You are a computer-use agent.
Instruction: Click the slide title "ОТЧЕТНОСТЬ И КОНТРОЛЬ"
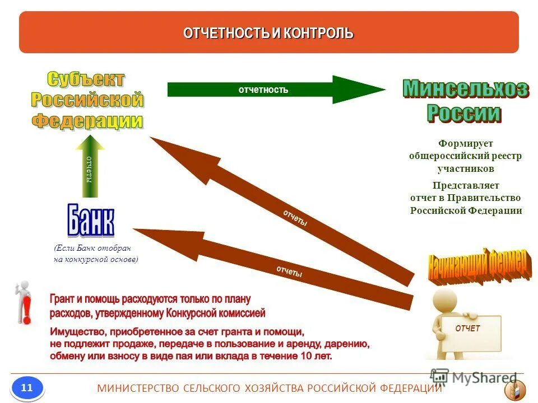tap(268, 33)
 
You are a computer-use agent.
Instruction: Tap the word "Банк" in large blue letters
tap(91, 221)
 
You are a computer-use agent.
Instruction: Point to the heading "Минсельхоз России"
tap(465, 101)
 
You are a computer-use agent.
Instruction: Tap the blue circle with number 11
tap(27, 387)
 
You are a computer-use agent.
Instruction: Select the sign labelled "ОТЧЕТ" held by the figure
tap(467, 329)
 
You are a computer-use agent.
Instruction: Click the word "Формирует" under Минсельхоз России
tap(466, 144)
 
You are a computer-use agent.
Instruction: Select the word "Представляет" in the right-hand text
tap(466, 185)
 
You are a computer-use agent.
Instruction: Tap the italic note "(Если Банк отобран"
tap(92, 248)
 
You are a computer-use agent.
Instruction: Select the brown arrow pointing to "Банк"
tap(269, 263)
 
